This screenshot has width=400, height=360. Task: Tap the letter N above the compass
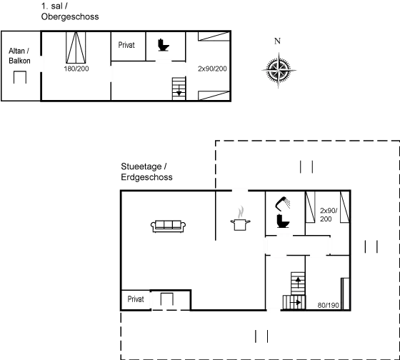[277, 41]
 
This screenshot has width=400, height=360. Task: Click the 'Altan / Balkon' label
[19, 56]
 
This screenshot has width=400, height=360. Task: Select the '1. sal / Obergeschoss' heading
[69, 11]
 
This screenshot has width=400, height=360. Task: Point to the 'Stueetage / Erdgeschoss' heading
[146, 171]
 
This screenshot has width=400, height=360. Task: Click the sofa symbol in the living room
[169, 226]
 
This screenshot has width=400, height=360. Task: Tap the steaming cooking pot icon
[241, 218]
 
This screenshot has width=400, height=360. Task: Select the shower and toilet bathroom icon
[284, 212]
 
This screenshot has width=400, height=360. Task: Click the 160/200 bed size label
[75, 69]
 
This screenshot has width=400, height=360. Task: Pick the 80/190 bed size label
[326, 305]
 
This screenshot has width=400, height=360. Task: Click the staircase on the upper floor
[177, 90]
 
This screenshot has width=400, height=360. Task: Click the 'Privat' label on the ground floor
[136, 299]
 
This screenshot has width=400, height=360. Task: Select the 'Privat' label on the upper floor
[126, 44]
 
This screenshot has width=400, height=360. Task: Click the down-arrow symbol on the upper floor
[163, 46]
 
